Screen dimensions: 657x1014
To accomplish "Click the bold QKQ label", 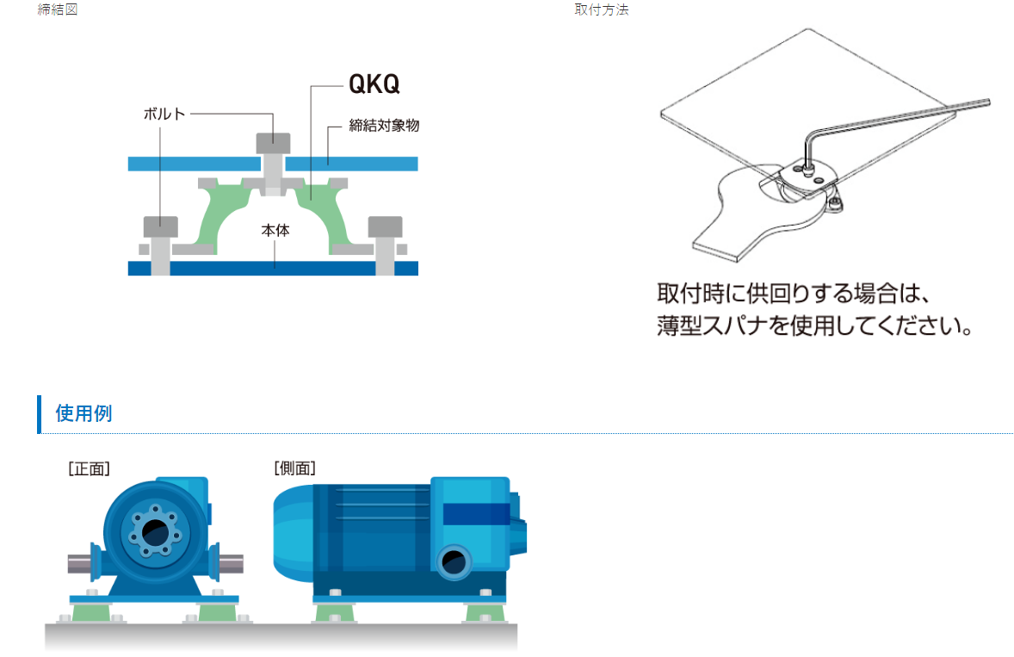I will pos(374,84).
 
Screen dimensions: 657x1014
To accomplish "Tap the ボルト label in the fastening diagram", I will pos(164,113).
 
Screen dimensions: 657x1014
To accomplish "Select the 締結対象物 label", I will pos(384,126).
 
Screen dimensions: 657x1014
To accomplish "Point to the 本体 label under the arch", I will pos(275,231).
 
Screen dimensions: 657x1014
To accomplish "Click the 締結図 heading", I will pos(58,10).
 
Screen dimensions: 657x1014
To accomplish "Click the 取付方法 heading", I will pos(602,10).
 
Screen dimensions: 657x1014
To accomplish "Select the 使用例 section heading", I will pos(83,413).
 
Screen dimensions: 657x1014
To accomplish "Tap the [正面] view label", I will pos(89,468).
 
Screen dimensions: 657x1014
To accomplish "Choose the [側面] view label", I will pos(294,468).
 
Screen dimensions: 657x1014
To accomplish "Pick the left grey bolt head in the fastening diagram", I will pos(160,226).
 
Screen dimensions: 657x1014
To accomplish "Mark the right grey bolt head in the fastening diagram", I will pos(385,226).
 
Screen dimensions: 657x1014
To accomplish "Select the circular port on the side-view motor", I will pos(452,564).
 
